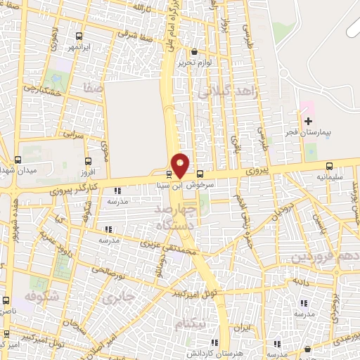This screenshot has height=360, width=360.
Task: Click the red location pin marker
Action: click(181, 165)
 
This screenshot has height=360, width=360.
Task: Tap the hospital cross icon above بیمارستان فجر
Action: click(307, 121)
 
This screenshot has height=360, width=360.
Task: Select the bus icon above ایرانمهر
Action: click(79, 37)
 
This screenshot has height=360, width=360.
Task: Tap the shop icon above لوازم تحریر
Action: click(195, 51)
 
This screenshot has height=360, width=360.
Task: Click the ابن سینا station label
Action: click(171, 186)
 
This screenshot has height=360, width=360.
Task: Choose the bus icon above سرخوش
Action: click(200, 174)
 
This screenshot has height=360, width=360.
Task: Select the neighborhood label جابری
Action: click(117, 299)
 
